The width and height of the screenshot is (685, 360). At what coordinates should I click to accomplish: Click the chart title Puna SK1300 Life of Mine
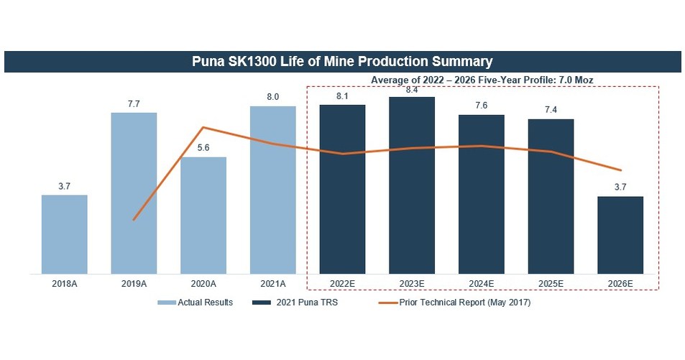(x=342, y=61)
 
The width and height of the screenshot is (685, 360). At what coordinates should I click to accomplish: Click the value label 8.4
(x=412, y=90)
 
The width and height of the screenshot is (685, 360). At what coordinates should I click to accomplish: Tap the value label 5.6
(x=203, y=149)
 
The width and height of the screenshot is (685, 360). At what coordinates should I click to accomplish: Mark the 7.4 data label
(x=551, y=111)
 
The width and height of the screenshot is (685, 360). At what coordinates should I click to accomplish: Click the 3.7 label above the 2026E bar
(x=620, y=188)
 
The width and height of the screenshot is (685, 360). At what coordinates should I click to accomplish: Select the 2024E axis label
(x=482, y=284)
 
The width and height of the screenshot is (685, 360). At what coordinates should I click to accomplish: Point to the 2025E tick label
(x=551, y=284)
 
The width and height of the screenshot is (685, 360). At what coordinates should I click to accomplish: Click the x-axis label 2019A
(x=134, y=284)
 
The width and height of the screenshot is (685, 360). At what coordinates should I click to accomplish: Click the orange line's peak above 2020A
(x=203, y=127)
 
